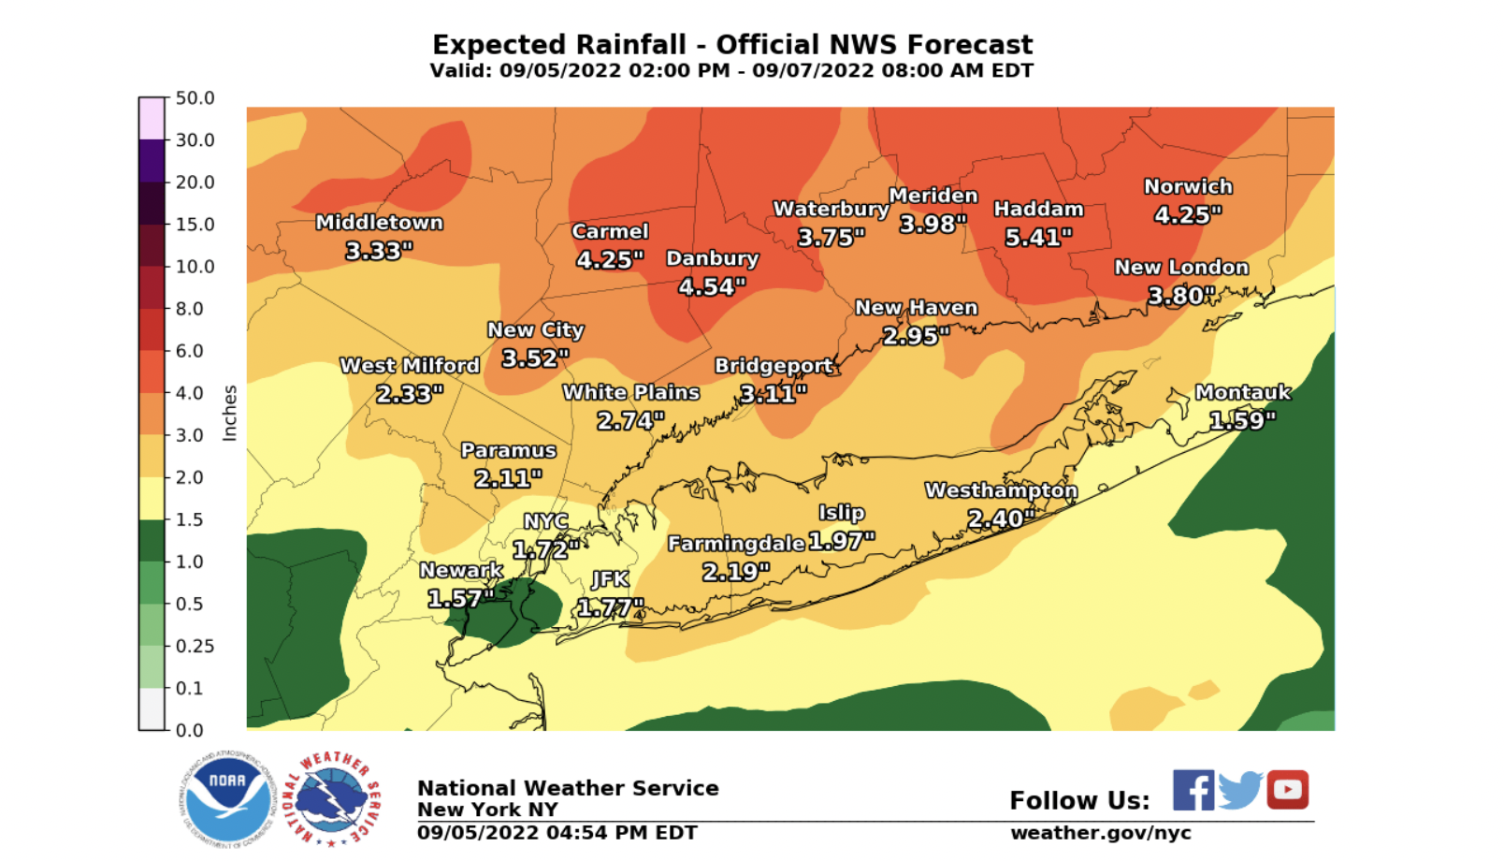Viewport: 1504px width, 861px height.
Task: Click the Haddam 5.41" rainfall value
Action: click(1038, 238)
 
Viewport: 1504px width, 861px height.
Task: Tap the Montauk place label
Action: click(1242, 393)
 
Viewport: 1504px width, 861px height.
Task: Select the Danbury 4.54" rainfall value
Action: click(712, 286)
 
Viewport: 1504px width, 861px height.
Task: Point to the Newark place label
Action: click(461, 570)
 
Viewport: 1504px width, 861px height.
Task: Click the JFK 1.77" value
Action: click(610, 608)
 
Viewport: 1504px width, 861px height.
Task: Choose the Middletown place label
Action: click(379, 223)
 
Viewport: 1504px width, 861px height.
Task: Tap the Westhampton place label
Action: click(1001, 490)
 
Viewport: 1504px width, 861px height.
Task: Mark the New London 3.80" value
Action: click(1181, 296)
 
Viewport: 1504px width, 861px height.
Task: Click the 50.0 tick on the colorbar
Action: click(195, 98)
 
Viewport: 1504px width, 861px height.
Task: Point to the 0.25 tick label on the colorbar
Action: click(195, 646)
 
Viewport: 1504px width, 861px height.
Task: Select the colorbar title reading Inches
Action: click(229, 413)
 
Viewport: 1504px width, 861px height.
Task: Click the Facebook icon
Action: click(1193, 791)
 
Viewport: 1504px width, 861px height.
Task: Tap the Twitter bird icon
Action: click(1240, 791)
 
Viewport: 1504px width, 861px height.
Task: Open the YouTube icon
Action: click(1288, 790)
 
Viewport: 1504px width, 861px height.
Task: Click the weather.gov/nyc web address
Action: click(1100, 833)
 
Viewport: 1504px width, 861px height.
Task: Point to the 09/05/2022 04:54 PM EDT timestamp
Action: click(557, 833)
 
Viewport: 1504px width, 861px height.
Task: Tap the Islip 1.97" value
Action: click(841, 541)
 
